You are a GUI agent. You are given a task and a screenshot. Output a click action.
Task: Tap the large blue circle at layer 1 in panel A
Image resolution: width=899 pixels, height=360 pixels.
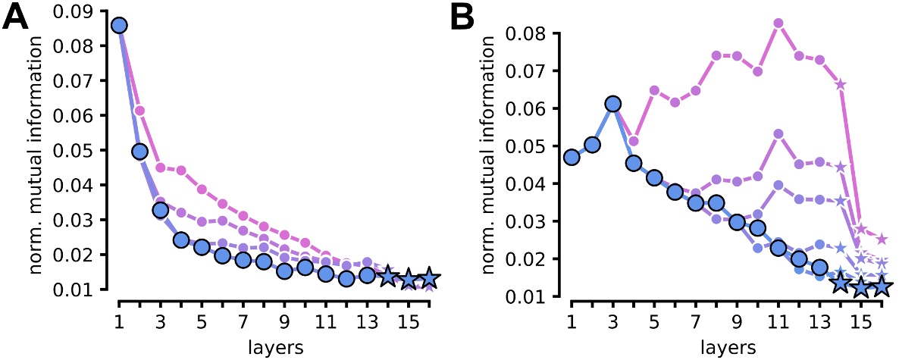[119, 26]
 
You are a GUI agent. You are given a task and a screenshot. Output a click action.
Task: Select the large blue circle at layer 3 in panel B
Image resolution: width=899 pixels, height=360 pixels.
[613, 104]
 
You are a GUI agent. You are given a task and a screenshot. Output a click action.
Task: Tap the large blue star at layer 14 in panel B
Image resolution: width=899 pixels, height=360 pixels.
[840, 283]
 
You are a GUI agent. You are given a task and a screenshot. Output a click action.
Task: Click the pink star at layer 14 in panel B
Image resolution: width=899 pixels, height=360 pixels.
[840, 84]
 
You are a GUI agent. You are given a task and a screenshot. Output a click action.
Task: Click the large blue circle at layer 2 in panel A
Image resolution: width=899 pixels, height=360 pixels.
[139, 152]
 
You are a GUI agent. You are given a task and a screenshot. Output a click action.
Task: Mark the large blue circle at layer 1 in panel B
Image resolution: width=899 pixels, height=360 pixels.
[572, 158]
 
